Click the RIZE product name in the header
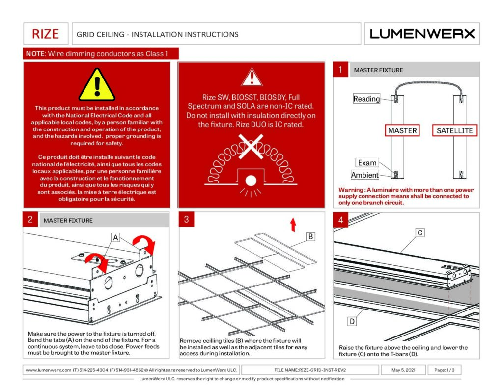[45, 34]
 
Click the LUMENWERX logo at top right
[422, 34]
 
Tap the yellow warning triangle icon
[97, 85]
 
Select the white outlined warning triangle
[251, 78]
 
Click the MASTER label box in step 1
[402, 130]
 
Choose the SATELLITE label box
[454, 130]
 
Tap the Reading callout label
[366, 99]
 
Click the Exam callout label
[367, 163]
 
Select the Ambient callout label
[365, 175]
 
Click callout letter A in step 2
[115, 237]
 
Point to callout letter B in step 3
[310, 236]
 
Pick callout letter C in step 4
[420, 233]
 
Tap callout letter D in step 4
[352, 321]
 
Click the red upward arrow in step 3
[293, 225]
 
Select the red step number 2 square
[30, 220]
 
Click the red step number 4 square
[340, 220]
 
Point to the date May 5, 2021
[404, 370]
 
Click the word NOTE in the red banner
[35, 53]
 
